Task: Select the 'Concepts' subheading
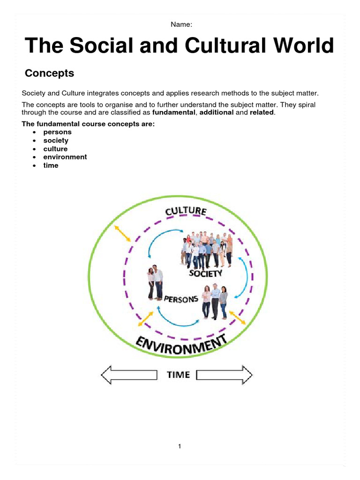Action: pyautogui.click(x=49, y=74)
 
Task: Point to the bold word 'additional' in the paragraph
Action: pyautogui.click(x=217, y=113)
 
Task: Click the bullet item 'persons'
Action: pyautogui.click(x=57, y=132)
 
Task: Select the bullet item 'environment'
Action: pyautogui.click(x=65, y=157)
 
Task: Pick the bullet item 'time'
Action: pyautogui.click(x=51, y=165)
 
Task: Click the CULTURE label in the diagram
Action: pyautogui.click(x=186, y=211)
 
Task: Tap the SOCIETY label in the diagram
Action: pyautogui.click(x=205, y=273)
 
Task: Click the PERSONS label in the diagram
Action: pyautogui.click(x=181, y=299)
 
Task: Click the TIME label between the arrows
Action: pyautogui.click(x=179, y=375)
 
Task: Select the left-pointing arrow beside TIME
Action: pyautogui.click(x=129, y=375)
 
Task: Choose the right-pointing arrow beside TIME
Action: pyautogui.click(x=225, y=375)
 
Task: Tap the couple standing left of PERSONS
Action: pyautogui.click(x=155, y=283)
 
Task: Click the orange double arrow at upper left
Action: pyautogui.click(x=122, y=233)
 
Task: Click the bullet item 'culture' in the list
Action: pyautogui.click(x=55, y=149)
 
